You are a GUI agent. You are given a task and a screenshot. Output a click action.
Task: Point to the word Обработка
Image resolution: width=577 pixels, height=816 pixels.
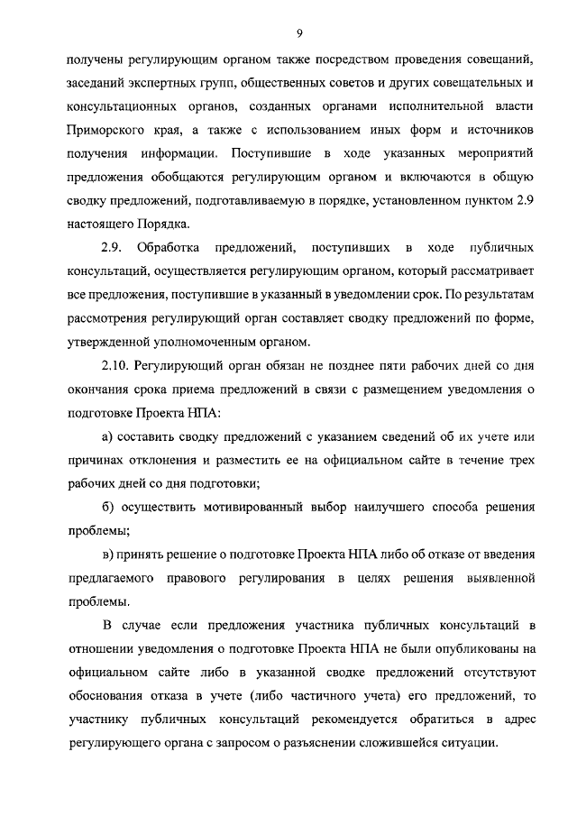coord(169,247)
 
